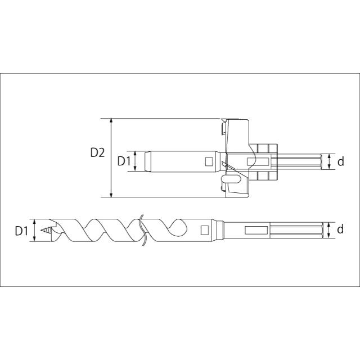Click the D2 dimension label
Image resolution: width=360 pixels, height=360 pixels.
pos(97,152)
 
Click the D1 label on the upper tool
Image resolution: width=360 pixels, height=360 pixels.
pos(124,161)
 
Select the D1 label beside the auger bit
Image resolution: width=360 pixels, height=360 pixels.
pos(21,230)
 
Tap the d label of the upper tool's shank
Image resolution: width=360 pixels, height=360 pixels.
pos(340,162)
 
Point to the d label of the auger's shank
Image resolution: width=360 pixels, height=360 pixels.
pos(340,229)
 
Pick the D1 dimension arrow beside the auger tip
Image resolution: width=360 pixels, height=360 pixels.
pos(35,230)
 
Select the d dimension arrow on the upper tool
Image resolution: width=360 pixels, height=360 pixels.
pos(328,162)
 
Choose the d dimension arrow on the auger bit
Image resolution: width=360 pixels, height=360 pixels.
pos(328,229)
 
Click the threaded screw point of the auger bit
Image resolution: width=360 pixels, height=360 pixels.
pos(46,230)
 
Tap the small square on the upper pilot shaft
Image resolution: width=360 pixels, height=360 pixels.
pos(208,162)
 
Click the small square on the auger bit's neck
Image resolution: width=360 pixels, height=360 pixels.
pos(204,229)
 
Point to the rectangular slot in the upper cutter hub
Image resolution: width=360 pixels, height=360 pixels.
pos(254,162)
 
